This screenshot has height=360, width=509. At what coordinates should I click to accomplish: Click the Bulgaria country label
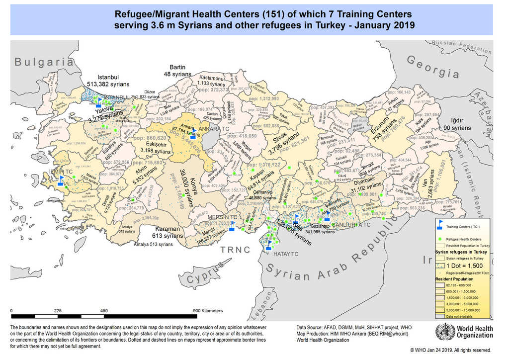click(x=44, y=62)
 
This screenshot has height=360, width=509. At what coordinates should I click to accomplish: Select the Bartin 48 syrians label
click(x=177, y=70)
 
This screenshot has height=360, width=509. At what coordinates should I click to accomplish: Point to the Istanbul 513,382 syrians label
click(x=108, y=81)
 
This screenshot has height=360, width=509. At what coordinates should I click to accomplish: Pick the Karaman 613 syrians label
click(x=168, y=232)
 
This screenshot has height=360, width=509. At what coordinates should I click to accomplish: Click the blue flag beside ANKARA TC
click(x=194, y=131)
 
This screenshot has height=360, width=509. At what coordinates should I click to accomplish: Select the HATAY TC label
click(x=286, y=254)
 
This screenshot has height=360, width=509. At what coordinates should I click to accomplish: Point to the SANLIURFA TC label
click(x=352, y=225)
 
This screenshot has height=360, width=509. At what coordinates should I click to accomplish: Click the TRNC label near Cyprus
click(x=235, y=250)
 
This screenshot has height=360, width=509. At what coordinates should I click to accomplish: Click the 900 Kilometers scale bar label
click(x=208, y=310)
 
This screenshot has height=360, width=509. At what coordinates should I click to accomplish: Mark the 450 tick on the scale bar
click(x=104, y=310)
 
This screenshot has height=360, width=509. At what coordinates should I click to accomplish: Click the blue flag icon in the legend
click(x=440, y=226)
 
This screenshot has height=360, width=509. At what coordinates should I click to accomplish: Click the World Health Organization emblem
click(x=441, y=331)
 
